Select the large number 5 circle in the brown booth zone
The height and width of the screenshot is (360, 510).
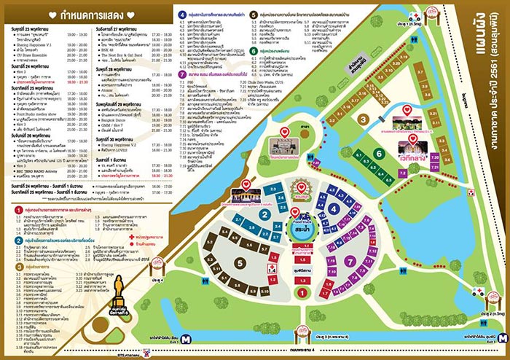click(x=239, y=262)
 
